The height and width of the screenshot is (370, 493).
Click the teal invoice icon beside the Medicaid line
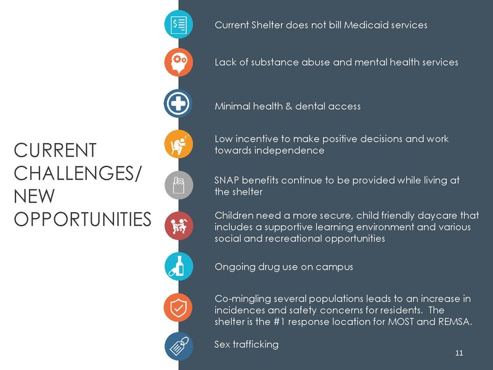click(179, 24)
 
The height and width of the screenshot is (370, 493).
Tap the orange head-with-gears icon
click(179, 62)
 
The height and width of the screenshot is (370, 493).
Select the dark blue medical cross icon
click(179, 103)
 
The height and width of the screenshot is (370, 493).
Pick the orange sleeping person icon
click(179, 144)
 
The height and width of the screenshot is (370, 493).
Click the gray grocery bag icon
click(179, 185)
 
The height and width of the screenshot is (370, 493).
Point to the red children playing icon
click(179, 226)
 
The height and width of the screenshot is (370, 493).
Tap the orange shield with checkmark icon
click(179, 306)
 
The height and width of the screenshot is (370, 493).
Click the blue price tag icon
click(179, 346)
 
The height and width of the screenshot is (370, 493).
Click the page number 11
click(458, 353)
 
